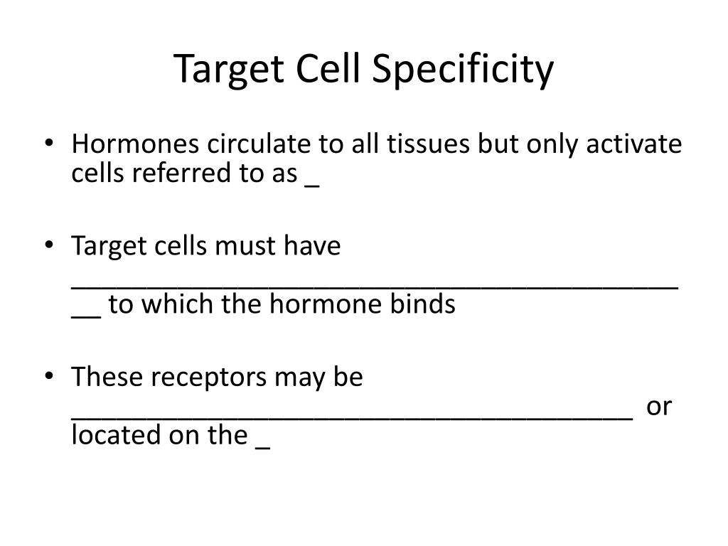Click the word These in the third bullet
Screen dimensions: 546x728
tap(104, 378)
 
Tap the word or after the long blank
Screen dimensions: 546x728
tap(659, 407)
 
